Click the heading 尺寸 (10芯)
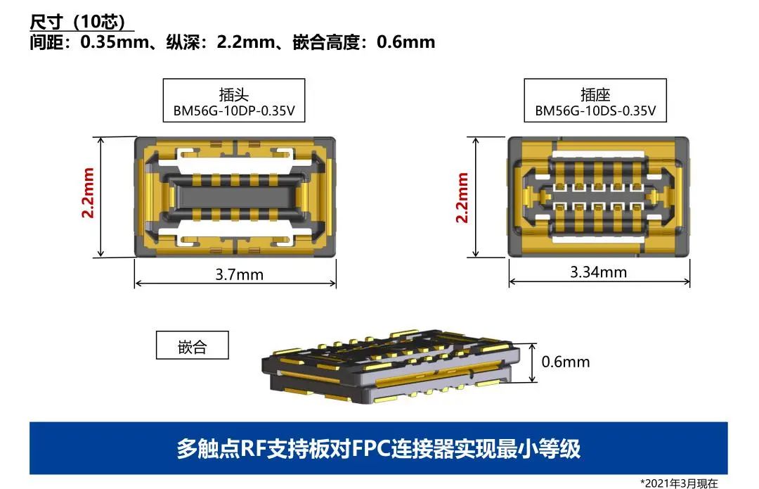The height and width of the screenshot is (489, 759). tap(77, 21)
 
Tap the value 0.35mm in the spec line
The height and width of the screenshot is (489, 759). tap(115, 42)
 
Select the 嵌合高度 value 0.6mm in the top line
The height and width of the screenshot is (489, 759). tap(406, 42)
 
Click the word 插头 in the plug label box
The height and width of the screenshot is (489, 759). tap(234, 94)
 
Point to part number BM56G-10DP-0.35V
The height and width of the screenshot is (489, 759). tap(234, 111)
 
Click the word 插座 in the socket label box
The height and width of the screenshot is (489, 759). tap(595, 94)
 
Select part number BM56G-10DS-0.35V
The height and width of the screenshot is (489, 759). tap(595, 111)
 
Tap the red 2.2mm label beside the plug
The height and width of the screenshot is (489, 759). tap(88, 192)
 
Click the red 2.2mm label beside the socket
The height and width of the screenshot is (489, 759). tap(462, 197)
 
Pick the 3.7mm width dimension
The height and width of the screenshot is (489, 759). tap(239, 275)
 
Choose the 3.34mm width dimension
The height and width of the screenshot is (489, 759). tap(598, 272)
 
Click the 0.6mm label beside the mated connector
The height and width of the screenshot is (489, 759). tap(565, 362)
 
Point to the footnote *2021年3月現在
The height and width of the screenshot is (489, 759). tap(679, 483)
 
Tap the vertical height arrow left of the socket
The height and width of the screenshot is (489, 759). tap(476, 197)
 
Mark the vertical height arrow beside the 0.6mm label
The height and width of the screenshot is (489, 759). tap(533, 362)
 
